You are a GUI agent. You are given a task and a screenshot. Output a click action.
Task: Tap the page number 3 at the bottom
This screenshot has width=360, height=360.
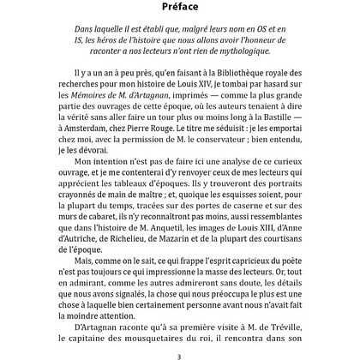click(179, 351)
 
